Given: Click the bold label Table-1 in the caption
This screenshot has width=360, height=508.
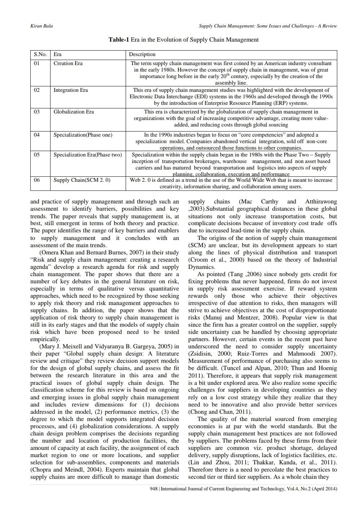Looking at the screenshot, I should coord(119,39).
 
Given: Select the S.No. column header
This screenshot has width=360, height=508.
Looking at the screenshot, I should coord(40,55).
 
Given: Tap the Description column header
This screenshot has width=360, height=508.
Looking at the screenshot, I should coord(142,55).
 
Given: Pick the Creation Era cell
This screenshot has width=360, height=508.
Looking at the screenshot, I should coord(68,63).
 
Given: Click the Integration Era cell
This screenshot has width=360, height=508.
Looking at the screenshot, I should coord(70,90).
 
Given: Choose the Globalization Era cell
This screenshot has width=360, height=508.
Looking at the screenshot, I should coord(73,112).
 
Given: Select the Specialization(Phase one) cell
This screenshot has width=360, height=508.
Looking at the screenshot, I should coord(83,135).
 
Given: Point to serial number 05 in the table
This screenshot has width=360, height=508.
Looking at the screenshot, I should coord(37,155).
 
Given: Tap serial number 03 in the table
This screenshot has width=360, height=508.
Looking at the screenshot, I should coord(37,112).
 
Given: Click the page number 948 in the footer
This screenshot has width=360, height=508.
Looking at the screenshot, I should coord(153,489).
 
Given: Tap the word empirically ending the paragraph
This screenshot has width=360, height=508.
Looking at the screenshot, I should coord(45,339).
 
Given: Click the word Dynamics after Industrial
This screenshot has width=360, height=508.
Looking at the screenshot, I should coord(201,267).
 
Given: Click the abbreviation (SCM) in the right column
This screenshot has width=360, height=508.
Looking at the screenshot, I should coord(197,245).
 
